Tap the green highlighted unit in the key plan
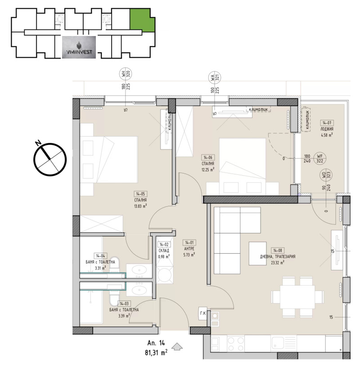coord(141,19)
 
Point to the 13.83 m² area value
coord(141,207)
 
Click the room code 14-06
coord(207,157)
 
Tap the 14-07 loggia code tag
coord(327,122)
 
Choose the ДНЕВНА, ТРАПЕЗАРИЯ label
coord(278,257)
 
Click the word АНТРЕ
coord(189,248)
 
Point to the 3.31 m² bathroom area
coord(100,268)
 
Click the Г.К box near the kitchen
coord(202,314)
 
